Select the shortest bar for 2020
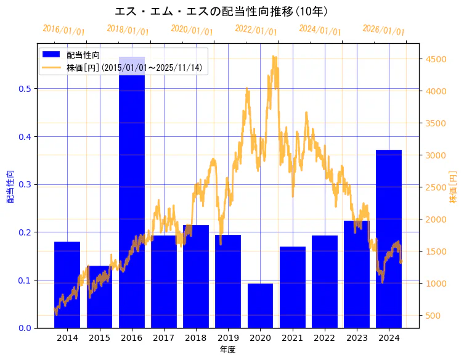tap(260, 306)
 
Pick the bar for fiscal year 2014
tap(67, 284)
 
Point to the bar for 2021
tap(292, 287)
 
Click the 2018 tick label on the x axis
tap(196, 338)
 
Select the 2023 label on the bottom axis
tap(357, 338)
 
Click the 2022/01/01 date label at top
tap(256, 30)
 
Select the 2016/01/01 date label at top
tap(63, 30)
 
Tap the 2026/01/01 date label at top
tap(384, 30)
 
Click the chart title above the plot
tap(221, 11)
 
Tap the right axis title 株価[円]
tap(453, 187)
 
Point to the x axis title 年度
tap(227, 350)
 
